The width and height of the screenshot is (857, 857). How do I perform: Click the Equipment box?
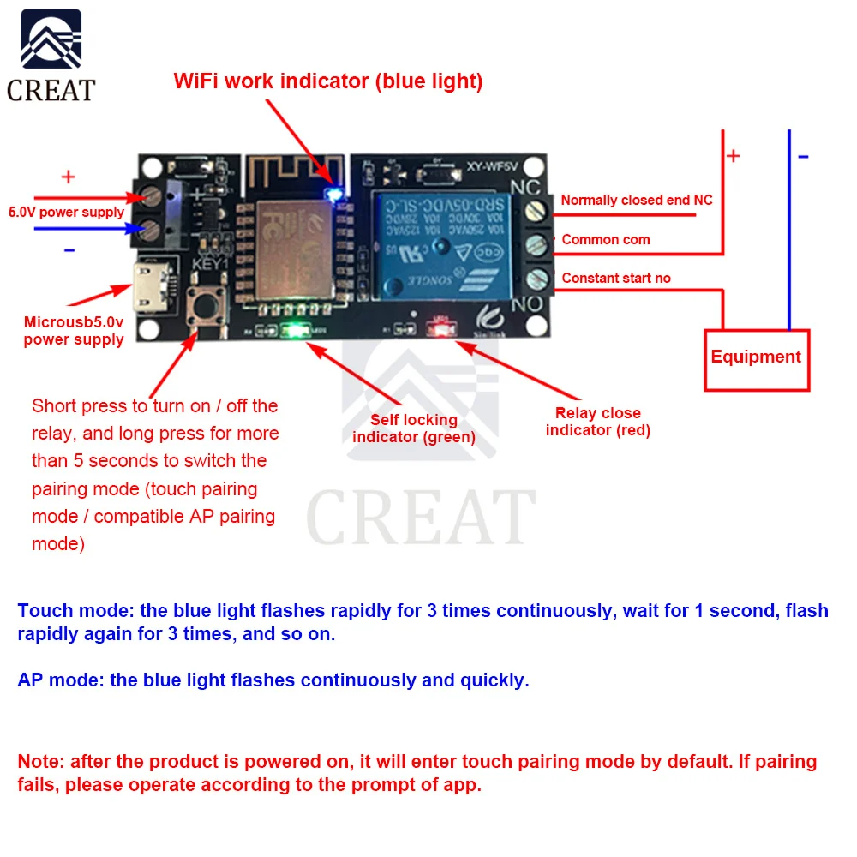(756, 357)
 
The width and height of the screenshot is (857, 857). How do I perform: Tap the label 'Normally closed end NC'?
(636, 200)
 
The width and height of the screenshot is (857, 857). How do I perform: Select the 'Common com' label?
(605, 240)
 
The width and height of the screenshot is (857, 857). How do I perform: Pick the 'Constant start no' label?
(615, 278)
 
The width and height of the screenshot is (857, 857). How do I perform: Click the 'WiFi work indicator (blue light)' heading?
(328, 81)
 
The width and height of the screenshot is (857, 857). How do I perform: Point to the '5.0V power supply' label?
(66, 212)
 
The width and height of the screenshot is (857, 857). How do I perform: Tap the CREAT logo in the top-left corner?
(51, 56)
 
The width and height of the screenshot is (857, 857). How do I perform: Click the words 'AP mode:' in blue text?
(61, 680)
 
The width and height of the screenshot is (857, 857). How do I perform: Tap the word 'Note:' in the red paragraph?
(41, 761)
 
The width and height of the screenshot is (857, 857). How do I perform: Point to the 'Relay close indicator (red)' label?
(597, 422)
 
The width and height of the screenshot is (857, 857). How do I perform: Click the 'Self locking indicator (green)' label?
(413, 428)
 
